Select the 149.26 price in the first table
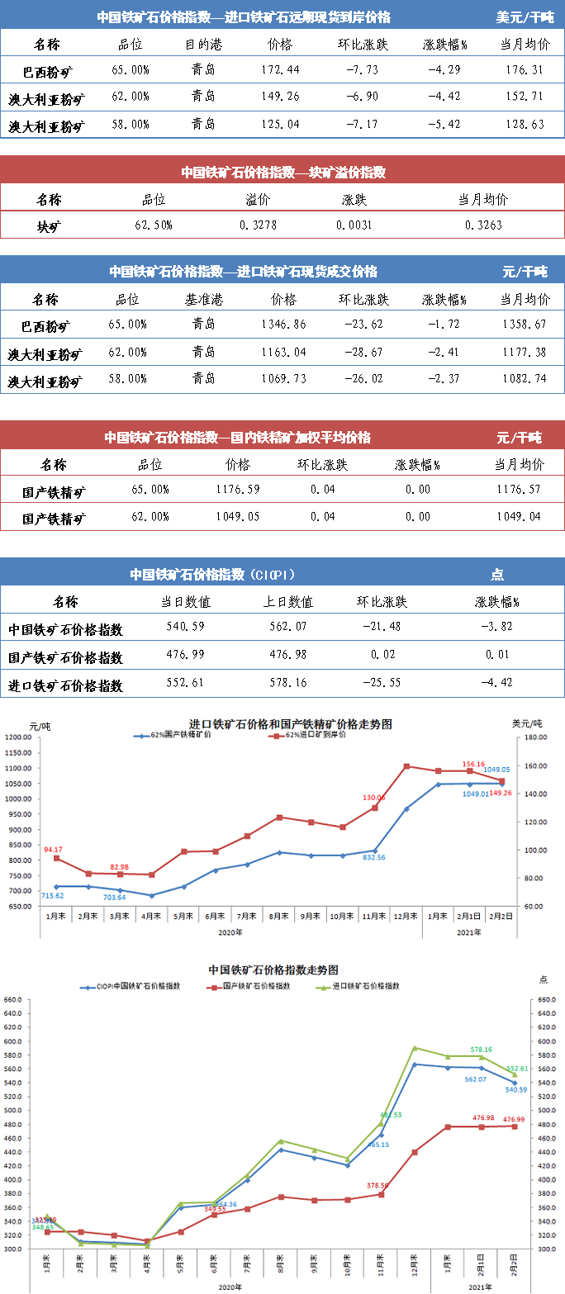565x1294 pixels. (x=280, y=97)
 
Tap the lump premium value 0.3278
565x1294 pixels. (x=258, y=225)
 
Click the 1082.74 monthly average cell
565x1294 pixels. (x=525, y=380)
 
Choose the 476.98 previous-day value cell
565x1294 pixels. (x=290, y=656)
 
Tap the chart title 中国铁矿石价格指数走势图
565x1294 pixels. (x=273, y=969)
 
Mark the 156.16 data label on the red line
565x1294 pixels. (x=473, y=765)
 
